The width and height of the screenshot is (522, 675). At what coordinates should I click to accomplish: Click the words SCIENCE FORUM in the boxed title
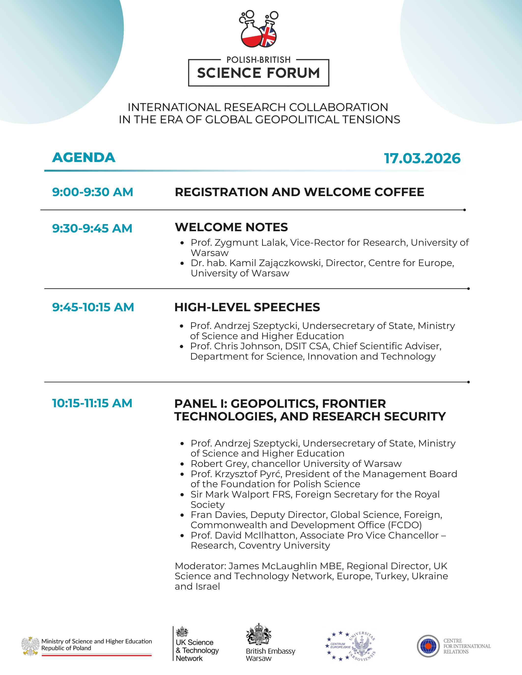[258, 73]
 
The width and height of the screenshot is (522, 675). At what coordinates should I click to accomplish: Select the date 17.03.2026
[422, 158]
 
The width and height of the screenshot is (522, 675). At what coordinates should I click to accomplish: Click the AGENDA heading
[84, 157]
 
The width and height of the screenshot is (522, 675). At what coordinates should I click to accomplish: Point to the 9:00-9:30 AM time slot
[92, 192]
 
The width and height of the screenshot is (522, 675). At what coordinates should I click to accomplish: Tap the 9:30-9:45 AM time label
[92, 229]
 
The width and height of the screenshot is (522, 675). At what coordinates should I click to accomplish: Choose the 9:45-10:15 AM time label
[93, 307]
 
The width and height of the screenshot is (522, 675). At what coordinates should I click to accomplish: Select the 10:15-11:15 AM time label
[92, 403]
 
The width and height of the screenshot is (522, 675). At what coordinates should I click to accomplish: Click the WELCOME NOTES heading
[231, 227]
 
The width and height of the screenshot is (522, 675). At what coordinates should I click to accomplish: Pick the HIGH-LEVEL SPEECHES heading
[247, 307]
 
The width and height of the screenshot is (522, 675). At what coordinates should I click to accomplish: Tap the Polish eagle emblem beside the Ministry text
[30, 646]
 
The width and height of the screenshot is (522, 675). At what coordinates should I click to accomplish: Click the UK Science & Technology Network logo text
[197, 650]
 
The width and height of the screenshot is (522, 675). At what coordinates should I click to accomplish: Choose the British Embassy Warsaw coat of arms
[258, 634]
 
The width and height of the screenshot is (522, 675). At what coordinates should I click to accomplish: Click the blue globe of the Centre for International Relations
[428, 646]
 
